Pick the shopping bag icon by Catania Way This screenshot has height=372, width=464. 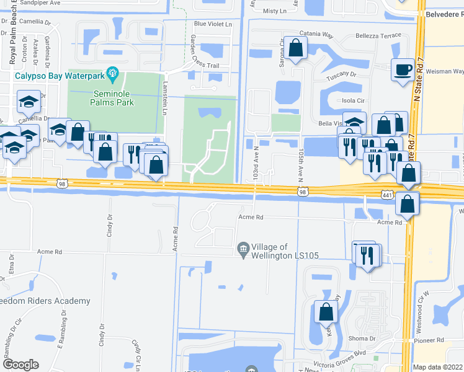[x=297, y=48]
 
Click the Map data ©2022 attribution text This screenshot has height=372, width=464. [x=438, y=367]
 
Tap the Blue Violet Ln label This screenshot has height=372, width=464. [x=212, y=24]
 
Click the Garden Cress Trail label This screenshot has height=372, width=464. [x=196, y=52]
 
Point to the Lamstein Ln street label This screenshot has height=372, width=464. [x=165, y=99]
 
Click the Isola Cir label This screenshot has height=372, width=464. [x=348, y=100]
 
